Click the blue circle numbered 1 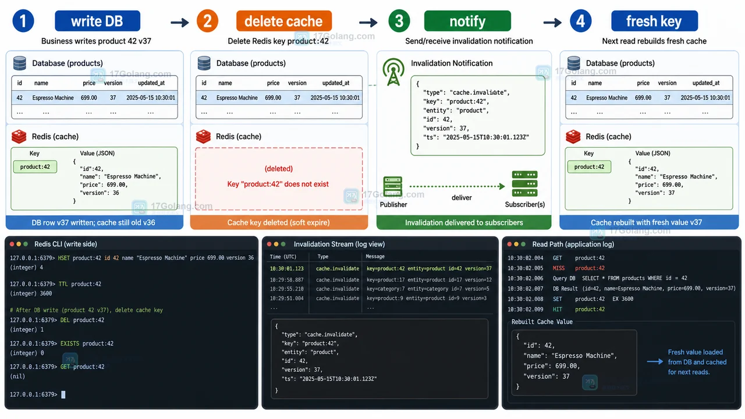pos(23,21)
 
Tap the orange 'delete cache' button pos(283,21)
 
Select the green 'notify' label pos(467,21)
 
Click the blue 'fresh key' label pos(654,21)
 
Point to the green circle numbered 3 pos(399,21)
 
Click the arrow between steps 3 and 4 pos(552,23)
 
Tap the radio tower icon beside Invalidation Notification pos(393,72)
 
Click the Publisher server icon pos(393,187)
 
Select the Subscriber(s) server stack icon pos(524,184)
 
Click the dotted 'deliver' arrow pos(457,186)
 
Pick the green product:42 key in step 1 pos(35,166)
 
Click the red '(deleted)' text pos(279,169)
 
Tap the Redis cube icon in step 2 pos(203,136)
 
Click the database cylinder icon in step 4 pos(574,63)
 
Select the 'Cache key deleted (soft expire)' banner pos(279,222)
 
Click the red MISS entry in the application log pos(558,268)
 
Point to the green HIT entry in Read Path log pos(558,309)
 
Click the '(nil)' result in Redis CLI pos(17,377)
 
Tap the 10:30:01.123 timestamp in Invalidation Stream pos(287,268)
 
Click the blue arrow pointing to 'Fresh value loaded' pos(655,361)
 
